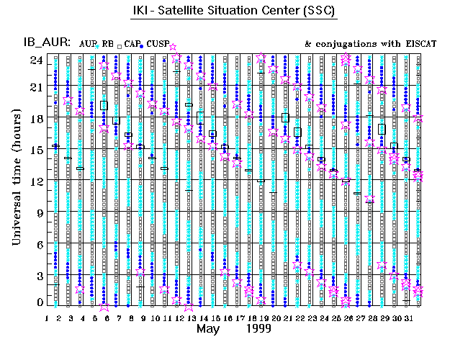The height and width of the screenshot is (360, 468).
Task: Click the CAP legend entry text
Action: click(130, 44)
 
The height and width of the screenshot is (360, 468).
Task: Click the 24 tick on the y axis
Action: click(35, 60)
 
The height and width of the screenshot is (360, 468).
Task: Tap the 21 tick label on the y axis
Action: click(35, 86)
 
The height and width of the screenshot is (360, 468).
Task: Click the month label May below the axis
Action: click(209, 328)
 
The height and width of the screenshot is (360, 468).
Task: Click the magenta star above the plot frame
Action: click(172, 48)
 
